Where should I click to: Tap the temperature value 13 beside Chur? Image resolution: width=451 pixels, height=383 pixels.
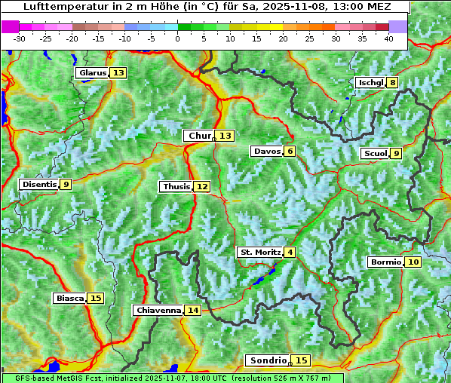(226, 136)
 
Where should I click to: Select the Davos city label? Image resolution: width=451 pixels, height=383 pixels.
(267, 152)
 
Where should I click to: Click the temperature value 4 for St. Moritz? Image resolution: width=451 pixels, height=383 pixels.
(290, 252)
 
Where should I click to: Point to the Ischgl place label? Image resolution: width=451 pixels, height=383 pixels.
(370, 83)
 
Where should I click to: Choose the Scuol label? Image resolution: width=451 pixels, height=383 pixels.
(376, 154)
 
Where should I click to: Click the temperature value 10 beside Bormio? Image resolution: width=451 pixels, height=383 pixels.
(413, 262)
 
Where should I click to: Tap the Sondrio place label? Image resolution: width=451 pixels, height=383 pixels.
(268, 360)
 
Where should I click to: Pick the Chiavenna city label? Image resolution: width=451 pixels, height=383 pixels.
(158, 310)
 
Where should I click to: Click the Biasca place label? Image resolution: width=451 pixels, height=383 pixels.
(70, 299)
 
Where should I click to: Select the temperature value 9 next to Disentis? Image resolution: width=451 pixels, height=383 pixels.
(66, 184)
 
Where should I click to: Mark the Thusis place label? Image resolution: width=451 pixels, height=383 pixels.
(176, 186)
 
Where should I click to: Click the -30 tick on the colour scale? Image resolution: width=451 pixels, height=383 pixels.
(19, 38)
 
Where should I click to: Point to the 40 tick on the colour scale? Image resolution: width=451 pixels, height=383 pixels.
(388, 38)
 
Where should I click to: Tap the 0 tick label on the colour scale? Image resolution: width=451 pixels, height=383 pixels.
(177, 38)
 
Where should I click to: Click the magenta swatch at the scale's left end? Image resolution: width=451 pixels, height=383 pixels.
(10, 26)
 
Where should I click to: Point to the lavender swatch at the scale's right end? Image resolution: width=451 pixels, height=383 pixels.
(398, 26)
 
